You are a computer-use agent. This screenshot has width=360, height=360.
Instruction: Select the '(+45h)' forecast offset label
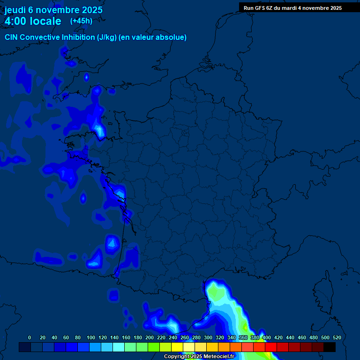coord(81,21)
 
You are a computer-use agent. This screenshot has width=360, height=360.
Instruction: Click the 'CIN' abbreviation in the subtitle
coord(12,37)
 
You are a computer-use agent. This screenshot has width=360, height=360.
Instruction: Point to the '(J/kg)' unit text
coord(107,37)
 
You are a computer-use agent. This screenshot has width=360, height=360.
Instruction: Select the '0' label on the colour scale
coord(30,337)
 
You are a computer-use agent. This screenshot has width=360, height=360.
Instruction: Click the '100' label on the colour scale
coord(91,337)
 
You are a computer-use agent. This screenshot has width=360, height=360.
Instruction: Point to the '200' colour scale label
coord(150,337)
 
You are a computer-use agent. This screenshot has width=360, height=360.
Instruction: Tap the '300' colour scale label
coord(208,337)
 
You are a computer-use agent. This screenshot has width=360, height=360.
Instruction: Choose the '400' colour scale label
coord(267,337)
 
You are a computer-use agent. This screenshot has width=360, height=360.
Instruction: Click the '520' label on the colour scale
coord(337,337)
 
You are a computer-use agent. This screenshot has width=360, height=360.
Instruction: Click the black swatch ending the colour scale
coord(330,347)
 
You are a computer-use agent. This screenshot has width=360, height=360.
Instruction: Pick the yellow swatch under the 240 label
coord(177,347)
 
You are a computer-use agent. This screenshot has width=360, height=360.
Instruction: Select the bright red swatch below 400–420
coord(271,347)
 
